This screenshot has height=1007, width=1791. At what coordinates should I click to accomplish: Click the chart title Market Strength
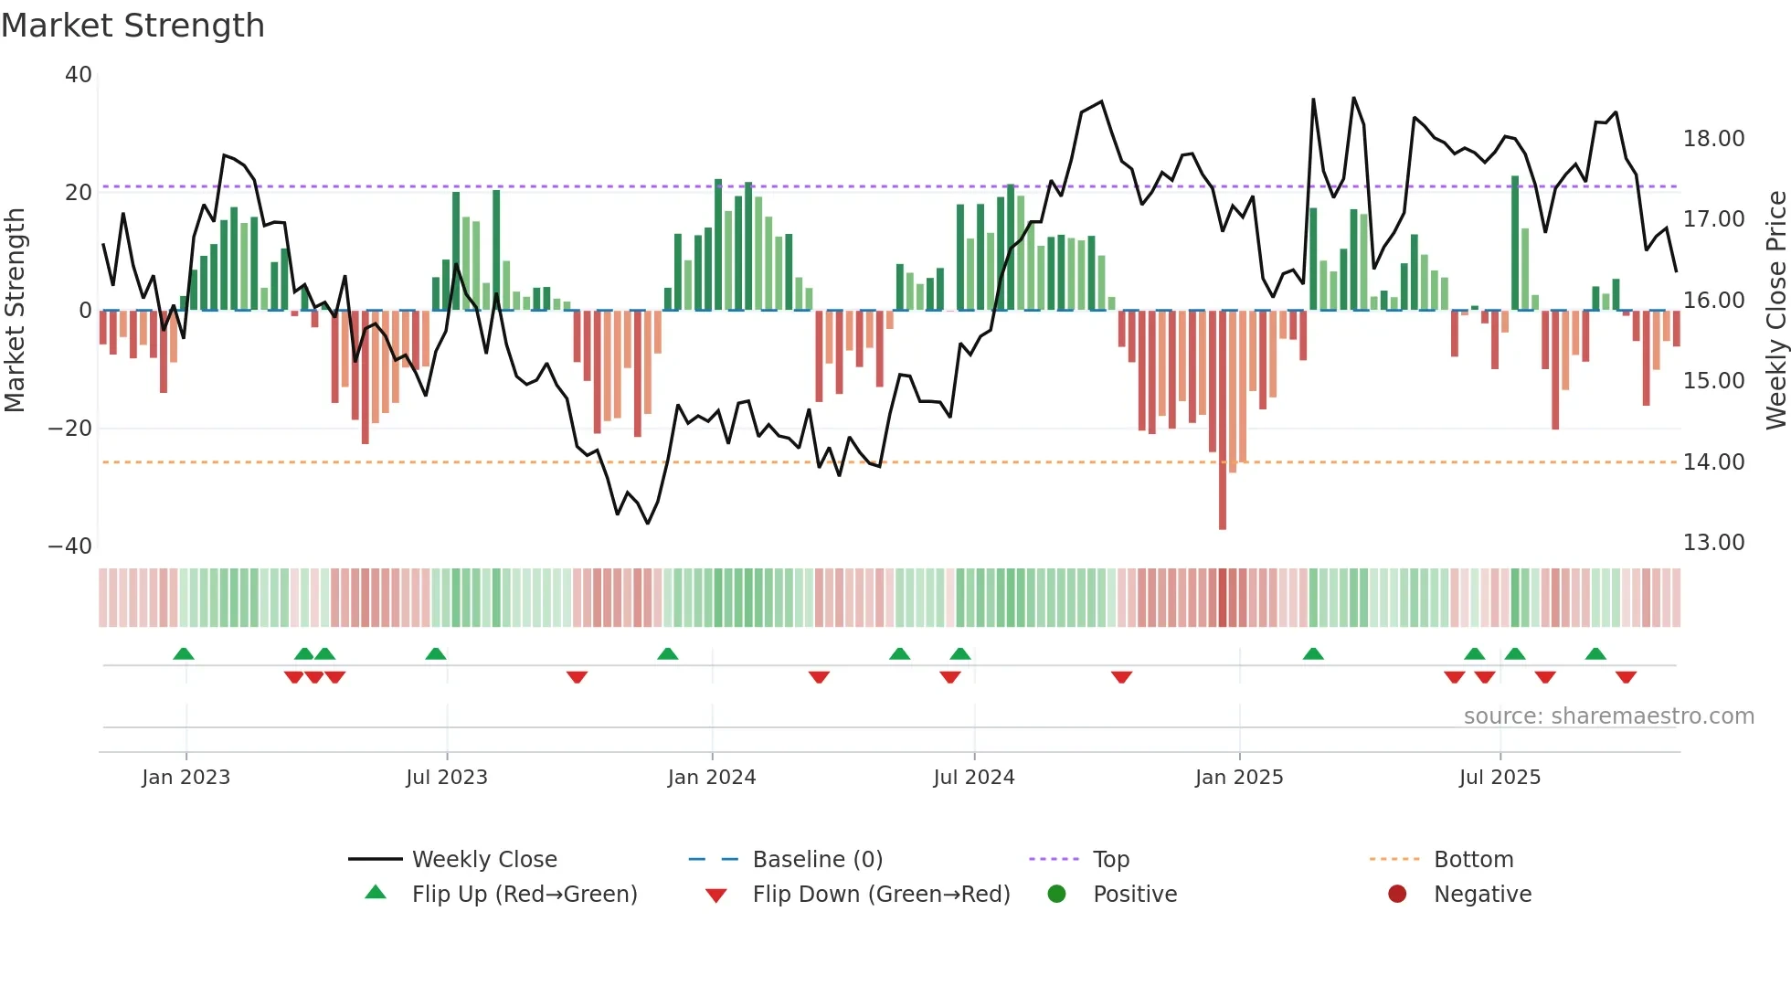(132, 26)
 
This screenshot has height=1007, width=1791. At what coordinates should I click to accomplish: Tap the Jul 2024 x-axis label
(973, 778)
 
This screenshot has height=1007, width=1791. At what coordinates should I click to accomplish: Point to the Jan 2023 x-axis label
(185, 778)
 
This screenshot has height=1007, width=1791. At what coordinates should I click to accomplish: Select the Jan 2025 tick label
(1238, 778)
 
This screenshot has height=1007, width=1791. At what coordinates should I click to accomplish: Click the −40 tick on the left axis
(70, 546)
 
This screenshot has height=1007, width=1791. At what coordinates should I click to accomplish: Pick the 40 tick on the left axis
(79, 75)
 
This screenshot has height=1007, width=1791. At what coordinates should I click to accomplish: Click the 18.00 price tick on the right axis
(1713, 139)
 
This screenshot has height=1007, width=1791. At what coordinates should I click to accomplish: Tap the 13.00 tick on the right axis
(1713, 543)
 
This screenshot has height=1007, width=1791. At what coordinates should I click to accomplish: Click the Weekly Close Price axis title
(1775, 311)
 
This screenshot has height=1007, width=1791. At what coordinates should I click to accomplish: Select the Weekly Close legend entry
(483, 860)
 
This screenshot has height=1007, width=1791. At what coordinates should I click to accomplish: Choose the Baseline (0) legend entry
(817, 860)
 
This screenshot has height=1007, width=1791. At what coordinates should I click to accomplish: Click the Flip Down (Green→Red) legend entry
(880, 895)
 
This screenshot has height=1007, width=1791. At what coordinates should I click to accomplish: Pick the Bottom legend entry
(1473, 860)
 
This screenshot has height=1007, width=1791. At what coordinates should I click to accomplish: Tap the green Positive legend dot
(1056, 895)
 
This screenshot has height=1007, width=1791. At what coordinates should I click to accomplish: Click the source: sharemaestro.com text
(1608, 716)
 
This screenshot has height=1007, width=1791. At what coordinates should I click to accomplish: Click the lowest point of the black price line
(648, 524)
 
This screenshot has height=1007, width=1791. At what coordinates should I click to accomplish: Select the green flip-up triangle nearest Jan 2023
(184, 653)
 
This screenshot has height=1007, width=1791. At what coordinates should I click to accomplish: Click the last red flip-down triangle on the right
(1626, 677)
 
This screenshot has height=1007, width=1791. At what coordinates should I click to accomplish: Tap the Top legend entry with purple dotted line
(1110, 860)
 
